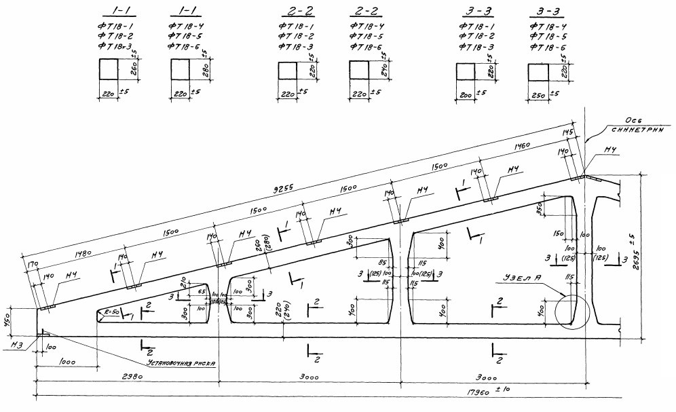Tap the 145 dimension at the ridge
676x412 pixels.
567,130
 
